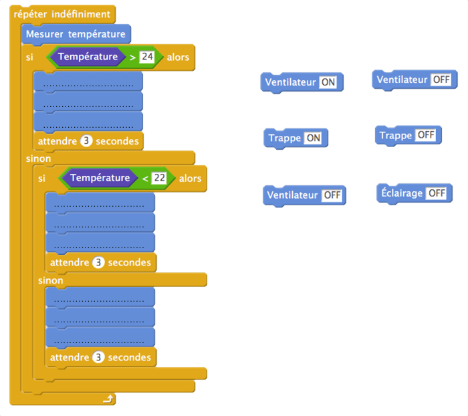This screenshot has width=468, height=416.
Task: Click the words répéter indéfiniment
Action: [x=62, y=14]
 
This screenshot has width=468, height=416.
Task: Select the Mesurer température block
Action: [x=75, y=34]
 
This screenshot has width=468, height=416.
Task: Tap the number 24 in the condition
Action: [x=148, y=58]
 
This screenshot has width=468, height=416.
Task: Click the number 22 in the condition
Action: [x=160, y=179]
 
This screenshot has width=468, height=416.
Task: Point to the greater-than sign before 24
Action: [x=132, y=58]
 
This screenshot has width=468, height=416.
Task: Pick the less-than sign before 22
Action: [x=145, y=179]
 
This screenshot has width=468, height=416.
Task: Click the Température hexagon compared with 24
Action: [x=88, y=57]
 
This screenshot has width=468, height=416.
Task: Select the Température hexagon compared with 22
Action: [x=100, y=178]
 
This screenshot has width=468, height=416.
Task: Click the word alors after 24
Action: [x=178, y=58]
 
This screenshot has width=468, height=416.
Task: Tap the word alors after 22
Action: [x=190, y=179]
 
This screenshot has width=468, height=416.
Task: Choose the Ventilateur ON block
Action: [x=301, y=82]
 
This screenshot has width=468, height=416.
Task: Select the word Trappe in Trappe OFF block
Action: [x=396, y=136]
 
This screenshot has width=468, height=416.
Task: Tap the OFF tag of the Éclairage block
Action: [x=437, y=193]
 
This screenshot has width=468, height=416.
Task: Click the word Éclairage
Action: [x=402, y=193]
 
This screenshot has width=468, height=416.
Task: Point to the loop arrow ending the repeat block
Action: [x=107, y=399]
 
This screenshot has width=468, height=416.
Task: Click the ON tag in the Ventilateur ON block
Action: [x=328, y=82]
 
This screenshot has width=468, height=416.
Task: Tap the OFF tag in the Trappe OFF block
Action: [x=426, y=136]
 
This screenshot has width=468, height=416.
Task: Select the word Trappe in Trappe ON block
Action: [x=285, y=138]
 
